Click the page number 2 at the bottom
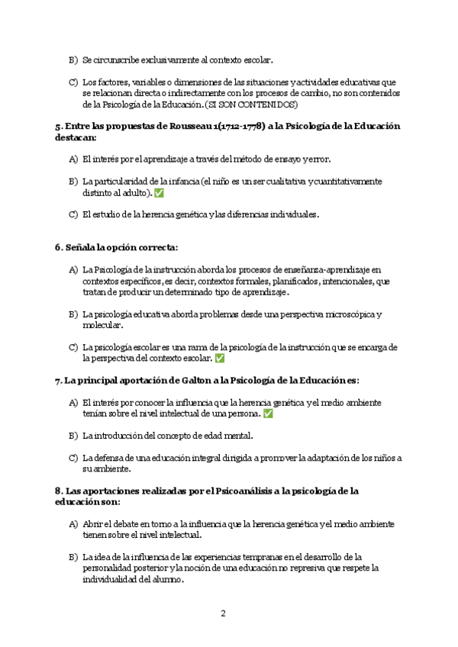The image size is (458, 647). [x=223, y=613]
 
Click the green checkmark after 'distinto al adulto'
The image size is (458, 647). [x=159, y=193]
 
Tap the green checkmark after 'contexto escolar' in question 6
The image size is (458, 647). [x=220, y=358]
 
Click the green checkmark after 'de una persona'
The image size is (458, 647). [x=267, y=414]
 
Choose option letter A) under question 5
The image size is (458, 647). [x=73, y=159]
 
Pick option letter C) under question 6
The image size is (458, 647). [x=73, y=347]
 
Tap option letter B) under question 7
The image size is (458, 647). [x=73, y=436]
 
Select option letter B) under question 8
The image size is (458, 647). [x=73, y=557]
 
